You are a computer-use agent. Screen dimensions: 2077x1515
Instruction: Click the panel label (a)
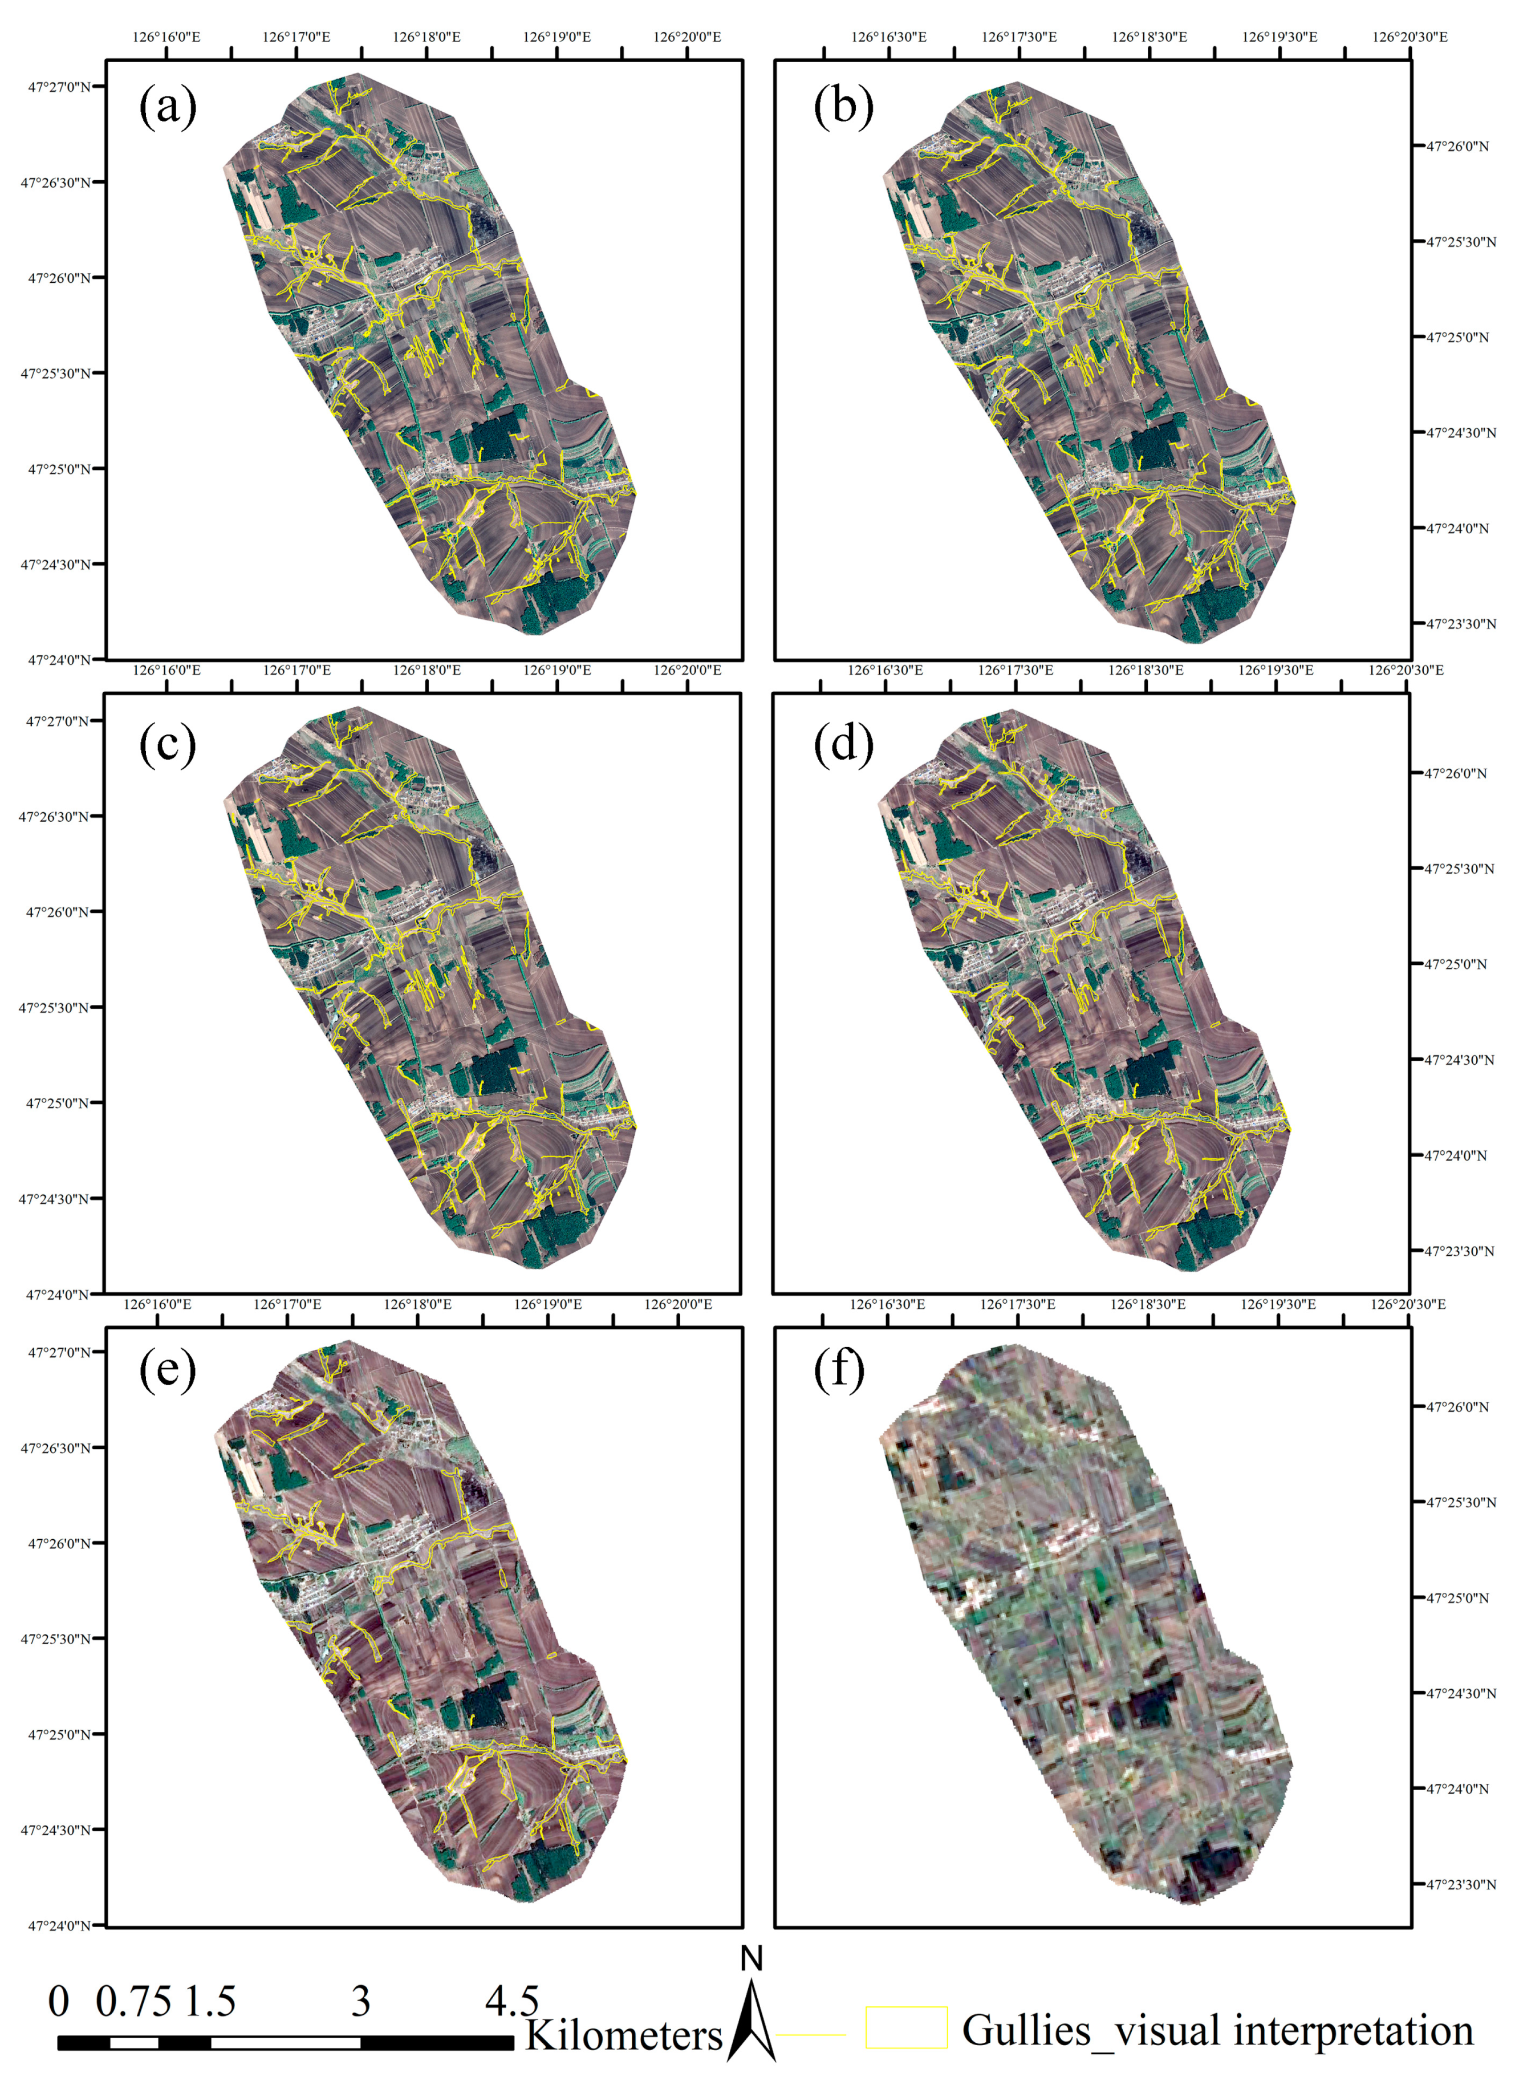pyautogui.click(x=167, y=107)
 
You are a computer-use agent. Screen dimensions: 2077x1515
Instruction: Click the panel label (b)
pyautogui.click(x=843, y=107)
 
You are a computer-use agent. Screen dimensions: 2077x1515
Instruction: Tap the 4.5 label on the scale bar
pyautogui.click(x=511, y=2002)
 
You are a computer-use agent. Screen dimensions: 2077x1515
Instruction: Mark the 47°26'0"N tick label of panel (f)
pyautogui.click(x=1456, y=1407)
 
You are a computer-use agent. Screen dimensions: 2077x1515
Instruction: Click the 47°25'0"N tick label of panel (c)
pyautogui.click(x=57, y=1103)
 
